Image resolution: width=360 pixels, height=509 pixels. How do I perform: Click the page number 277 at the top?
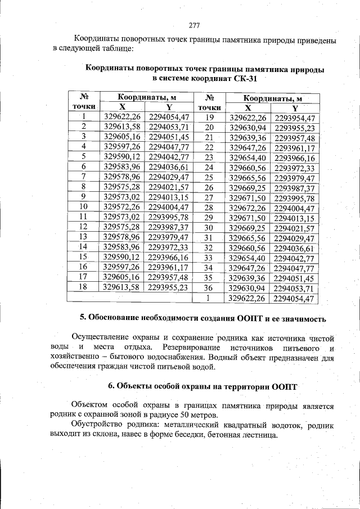pos(194,25)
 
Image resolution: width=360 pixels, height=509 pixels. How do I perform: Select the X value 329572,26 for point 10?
pos(122,207)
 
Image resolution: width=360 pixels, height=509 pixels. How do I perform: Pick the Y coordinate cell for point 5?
pos(169,156)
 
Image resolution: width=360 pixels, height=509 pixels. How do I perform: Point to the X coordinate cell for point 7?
pos(122,177)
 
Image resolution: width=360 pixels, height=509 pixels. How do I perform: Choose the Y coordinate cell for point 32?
pos(295,248)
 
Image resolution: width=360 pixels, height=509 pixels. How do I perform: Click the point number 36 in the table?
pos(209,289)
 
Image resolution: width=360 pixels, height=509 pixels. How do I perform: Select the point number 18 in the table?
pos(83,287)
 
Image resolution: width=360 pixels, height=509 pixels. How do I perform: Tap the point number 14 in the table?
pos(83,247)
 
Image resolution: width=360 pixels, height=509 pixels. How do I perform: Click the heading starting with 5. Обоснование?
pos(202,318)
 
